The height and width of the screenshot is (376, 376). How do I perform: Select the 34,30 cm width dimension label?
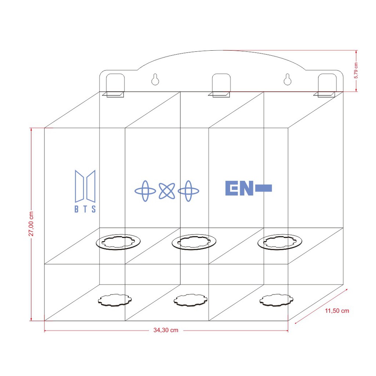(x=166, y=330)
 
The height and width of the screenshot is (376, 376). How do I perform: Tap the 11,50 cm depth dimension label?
(x=337, y=311)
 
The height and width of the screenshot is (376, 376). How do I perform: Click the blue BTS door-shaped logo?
(x=85, y=186)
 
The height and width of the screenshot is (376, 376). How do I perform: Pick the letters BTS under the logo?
(x=85, y=209)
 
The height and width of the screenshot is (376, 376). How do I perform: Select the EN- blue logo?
(x=248, y=188)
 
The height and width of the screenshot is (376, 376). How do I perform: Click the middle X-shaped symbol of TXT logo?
(x=167, y=191)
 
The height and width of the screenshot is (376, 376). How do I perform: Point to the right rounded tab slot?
(x=327, y=83)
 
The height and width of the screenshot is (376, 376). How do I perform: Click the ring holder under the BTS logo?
(x=118, y=242)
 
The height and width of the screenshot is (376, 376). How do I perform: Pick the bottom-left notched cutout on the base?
(x=115, y=300)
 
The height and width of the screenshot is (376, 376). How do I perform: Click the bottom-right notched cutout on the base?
(x=276, y=300)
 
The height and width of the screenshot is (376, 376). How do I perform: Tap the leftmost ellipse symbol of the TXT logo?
(x=145, y=191)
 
